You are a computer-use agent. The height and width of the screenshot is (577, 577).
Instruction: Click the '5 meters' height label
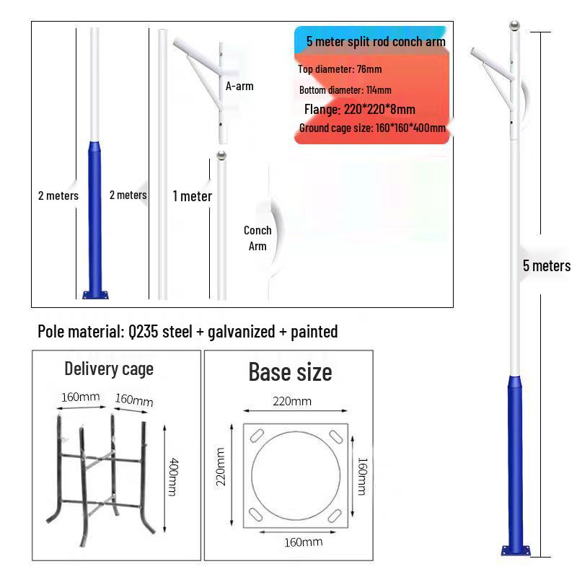coord(546,265)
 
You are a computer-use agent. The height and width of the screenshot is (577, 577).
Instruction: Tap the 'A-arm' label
coord(239,86)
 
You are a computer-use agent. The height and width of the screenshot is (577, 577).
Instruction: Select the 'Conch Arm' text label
coord(257,238)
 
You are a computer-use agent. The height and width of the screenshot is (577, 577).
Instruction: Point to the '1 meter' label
coord(192,196)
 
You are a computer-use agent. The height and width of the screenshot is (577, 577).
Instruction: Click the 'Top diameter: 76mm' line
coord(340,69)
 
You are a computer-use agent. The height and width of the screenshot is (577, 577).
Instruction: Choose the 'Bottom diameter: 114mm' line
coord(345,90)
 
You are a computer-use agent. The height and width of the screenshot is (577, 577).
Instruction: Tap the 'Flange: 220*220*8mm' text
coord(359,110)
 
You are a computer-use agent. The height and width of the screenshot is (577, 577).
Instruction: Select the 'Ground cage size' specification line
coord(371,128)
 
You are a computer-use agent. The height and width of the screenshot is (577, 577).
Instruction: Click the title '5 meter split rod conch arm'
coord(375,42)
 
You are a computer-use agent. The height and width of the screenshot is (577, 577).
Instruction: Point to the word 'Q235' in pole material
coord(146,332)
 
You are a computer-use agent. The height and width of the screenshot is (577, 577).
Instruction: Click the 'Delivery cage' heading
coord(109,369)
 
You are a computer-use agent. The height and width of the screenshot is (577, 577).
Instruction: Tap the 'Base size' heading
coord(290,371)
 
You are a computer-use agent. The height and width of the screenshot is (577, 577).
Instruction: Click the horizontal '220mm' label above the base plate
coord(291,401)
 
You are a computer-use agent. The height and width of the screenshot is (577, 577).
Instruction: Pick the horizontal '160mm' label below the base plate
coord(294,542)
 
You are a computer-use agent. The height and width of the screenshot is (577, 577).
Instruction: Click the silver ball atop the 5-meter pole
coord(514,27)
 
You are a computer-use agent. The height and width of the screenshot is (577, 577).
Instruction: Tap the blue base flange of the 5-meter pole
coord(516,550)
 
